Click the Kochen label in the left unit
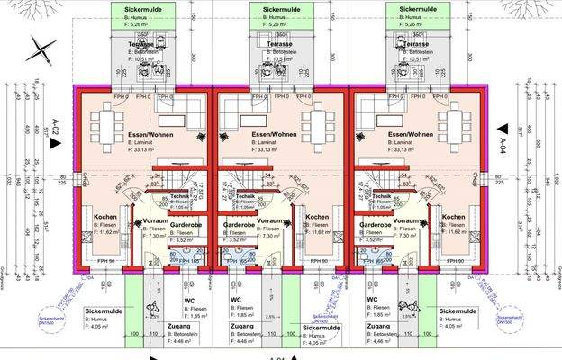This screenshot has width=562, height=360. click(x=106, y=217)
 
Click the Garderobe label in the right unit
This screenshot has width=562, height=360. click(x=374, y=220)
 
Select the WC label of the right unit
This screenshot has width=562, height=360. click(x=372, y=300)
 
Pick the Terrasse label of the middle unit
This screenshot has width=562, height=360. click(x=279, y=43)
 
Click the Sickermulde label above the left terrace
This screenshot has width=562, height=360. click(x=136, y=7)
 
